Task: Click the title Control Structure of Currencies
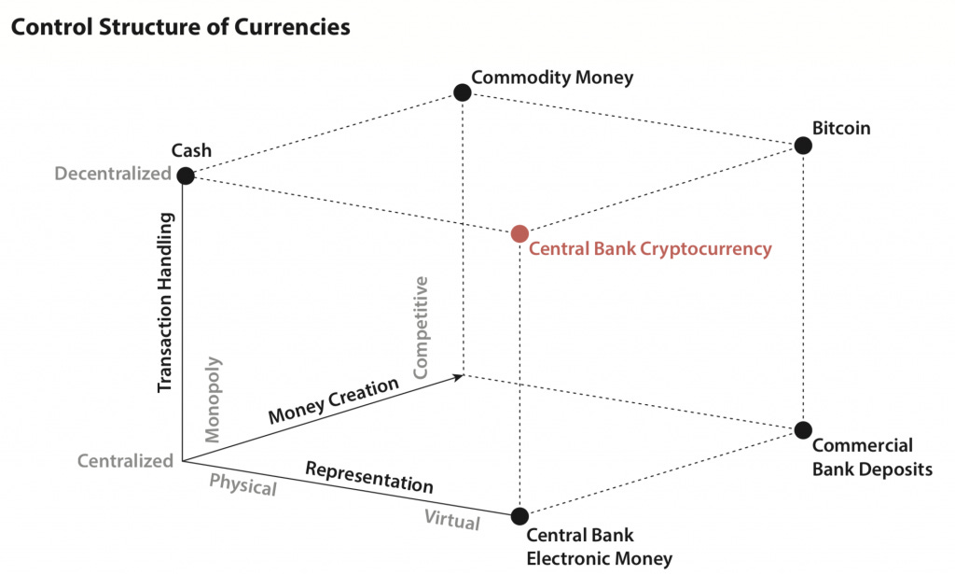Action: tap(180, 27)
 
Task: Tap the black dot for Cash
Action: tap(186, 175)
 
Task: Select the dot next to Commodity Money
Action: tap(462, 91)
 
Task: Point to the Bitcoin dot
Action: tap(803, 145)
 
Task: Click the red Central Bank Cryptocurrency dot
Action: tap(520, 232)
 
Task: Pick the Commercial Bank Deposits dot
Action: tap(803, 429)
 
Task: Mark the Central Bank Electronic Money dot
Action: tap(520, 515)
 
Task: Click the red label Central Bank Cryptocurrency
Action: tap(650, 249)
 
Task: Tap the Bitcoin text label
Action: tap(840, 128)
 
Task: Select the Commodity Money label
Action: tap(552, 77)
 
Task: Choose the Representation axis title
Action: tap(369, 477)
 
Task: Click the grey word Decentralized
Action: tap(113, 174)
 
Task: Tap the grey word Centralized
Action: tap(125, 460)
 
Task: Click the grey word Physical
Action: tap(242, 484)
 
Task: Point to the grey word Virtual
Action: tap(452, 518)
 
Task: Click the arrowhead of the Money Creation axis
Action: tap(460, 375)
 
